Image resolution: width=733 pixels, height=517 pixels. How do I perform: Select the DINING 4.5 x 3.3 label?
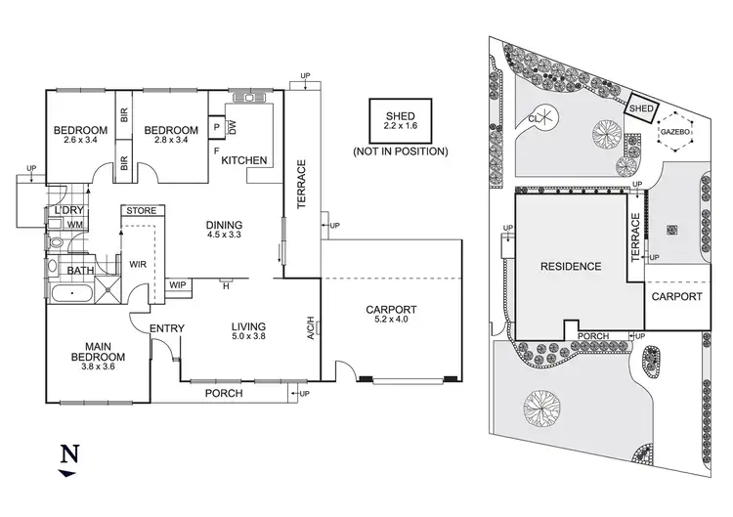click(225, 230)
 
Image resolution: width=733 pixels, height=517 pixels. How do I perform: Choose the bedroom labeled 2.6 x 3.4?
click(79, 136)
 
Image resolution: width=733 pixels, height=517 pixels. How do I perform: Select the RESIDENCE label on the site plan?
click(568, 266)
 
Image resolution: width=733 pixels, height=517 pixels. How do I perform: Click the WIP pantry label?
click(178, 285)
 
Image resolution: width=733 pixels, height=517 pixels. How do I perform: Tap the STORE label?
click(141, 209)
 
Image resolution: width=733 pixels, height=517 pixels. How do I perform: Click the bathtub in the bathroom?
click(70, 293)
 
